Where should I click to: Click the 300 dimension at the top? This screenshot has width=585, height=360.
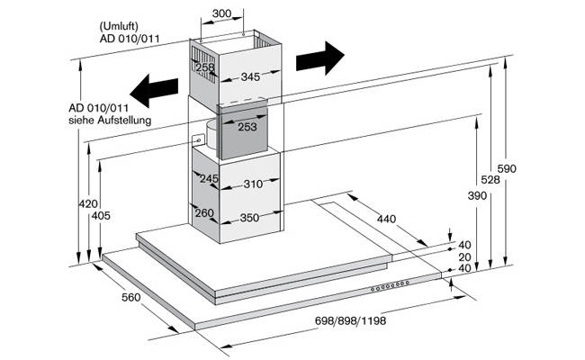[221, 13]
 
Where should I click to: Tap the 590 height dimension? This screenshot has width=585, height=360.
[507, 168]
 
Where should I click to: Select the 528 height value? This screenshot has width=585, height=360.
[490, 180]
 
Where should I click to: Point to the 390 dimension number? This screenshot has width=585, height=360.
[477, 195]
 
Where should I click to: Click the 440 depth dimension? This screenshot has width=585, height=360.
[386, 219]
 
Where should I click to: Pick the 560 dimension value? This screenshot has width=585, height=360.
[131, 297]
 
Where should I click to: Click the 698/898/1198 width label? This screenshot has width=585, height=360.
[350, 320]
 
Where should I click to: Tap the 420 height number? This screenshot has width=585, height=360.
[88, 203]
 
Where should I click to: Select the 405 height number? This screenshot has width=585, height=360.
[101, 216]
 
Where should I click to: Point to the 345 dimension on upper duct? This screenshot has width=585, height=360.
[250, 76]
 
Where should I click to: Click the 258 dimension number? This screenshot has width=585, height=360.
[205, 67]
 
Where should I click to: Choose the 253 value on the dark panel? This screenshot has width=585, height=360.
[247, 127]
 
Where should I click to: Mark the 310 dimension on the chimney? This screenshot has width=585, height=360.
[253, 184]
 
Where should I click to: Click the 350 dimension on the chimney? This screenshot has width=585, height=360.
[249, 218]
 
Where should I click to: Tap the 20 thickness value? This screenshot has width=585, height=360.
[464, 257]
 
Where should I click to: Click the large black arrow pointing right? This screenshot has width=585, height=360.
[320, 58]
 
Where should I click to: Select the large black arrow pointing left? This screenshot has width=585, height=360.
[154, 91]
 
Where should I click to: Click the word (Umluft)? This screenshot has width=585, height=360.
[119, 26]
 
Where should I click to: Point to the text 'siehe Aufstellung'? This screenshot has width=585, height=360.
[110, 121]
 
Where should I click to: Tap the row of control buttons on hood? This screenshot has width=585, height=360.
[390, 286]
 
